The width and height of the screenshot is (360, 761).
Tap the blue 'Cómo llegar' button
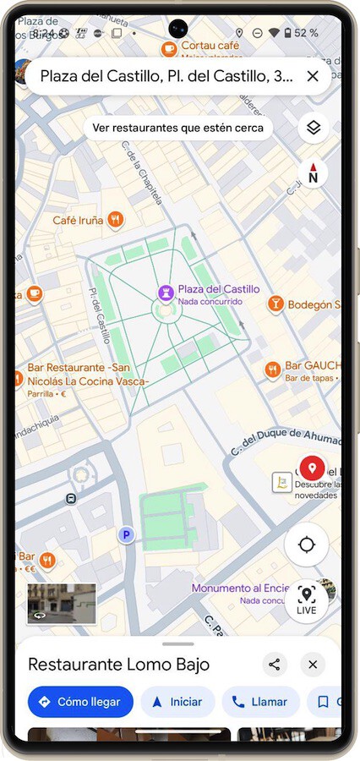(79, 702)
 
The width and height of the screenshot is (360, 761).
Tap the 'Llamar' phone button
(260, 702)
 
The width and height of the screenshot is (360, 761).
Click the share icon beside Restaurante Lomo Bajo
(274, 665)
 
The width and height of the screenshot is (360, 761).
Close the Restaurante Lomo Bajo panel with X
(313, 665)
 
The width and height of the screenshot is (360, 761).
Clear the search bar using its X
(313, 76)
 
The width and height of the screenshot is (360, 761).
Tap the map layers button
(313, 128)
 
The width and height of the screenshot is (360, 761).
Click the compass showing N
(313, 174)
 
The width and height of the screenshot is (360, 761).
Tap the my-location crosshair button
(306, 545)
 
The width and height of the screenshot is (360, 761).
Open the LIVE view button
(306, 599)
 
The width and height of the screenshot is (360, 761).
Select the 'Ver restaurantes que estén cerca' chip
(177, 128)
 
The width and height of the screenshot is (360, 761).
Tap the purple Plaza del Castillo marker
(166, 293)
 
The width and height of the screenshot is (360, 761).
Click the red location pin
(312, 467)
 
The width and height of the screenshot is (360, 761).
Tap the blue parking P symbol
(126, 534)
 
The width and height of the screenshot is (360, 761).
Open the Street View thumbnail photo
(62, 603)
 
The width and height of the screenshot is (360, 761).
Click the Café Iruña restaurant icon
(116, 220)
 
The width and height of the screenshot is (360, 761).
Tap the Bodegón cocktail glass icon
(275, 304)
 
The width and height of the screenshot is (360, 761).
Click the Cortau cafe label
(210, 45)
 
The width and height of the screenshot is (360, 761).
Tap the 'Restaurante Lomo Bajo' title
(118, 665)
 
